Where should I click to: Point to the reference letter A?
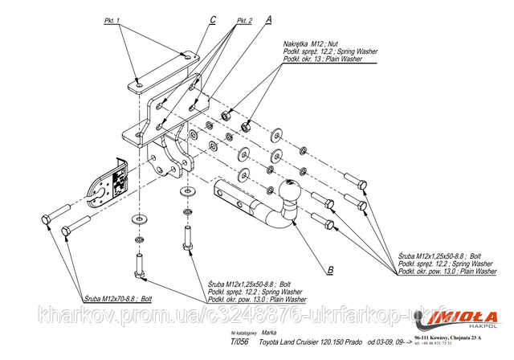click(x=268, y=15)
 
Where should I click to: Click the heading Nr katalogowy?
click(x=243, y=331)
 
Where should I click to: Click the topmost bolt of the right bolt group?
click(x=354, y=181)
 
